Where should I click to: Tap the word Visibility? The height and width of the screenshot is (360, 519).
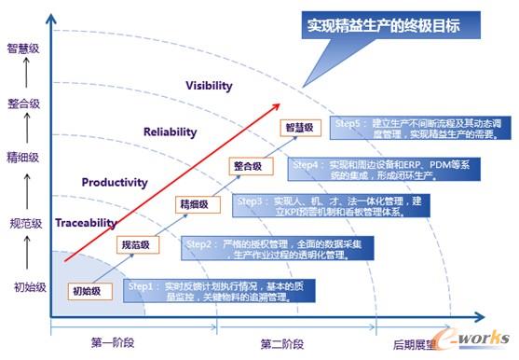coord(209,86)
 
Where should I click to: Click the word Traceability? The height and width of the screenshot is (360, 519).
coord(86,224)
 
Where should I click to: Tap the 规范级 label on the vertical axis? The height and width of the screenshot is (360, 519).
coord(23,223)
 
